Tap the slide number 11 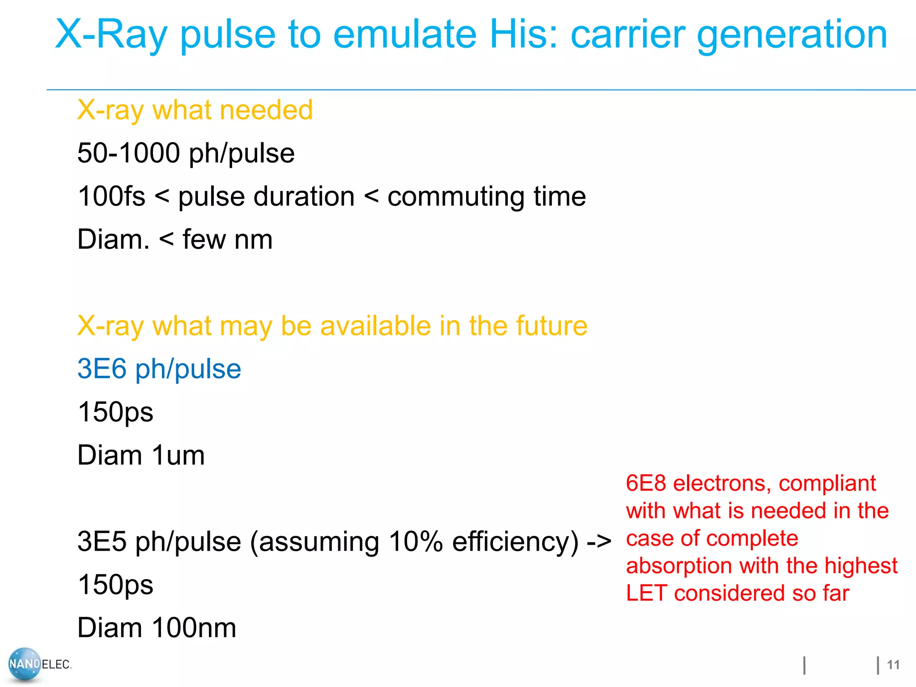tap(893, 665)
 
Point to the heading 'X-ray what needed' tap(195, 110)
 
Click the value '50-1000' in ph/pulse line tap(128, 153)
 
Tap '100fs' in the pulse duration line tap(111, 196)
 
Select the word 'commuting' tap(456, 196)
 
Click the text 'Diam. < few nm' tap(175, 239)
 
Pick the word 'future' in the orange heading tap(551, 326)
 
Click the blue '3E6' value tap(102, 369)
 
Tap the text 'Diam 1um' tap(141, 455)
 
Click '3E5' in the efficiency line tap(102, 542)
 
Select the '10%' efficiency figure tap(416, 542)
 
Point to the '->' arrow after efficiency tap(599, 542)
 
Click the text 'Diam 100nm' tap(157, 628)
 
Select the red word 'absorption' tap(679, 566)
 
